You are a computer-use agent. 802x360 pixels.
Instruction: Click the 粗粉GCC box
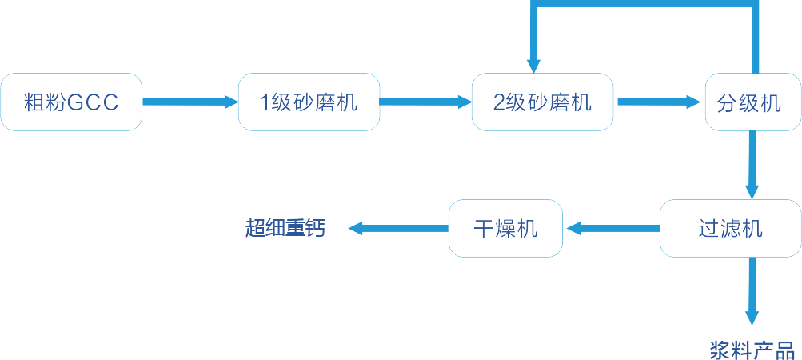click(x=71, y=102)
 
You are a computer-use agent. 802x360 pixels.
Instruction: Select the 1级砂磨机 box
click(x=309, y=102)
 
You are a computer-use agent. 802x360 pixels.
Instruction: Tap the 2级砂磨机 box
click(x=543, y=102)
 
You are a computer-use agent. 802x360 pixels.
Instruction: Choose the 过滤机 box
click(x=730, y=229)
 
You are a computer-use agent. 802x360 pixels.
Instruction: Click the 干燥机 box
click(x=505, y=229)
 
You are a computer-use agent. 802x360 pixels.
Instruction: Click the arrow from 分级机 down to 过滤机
click(x=752, y=164)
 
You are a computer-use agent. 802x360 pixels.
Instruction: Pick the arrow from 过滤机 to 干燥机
click(x=612, y=229)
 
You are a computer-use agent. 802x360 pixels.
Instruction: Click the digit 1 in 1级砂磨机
click(x=266, y=102)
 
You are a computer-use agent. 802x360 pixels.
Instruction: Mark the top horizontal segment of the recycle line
click(x=644, y=4)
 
